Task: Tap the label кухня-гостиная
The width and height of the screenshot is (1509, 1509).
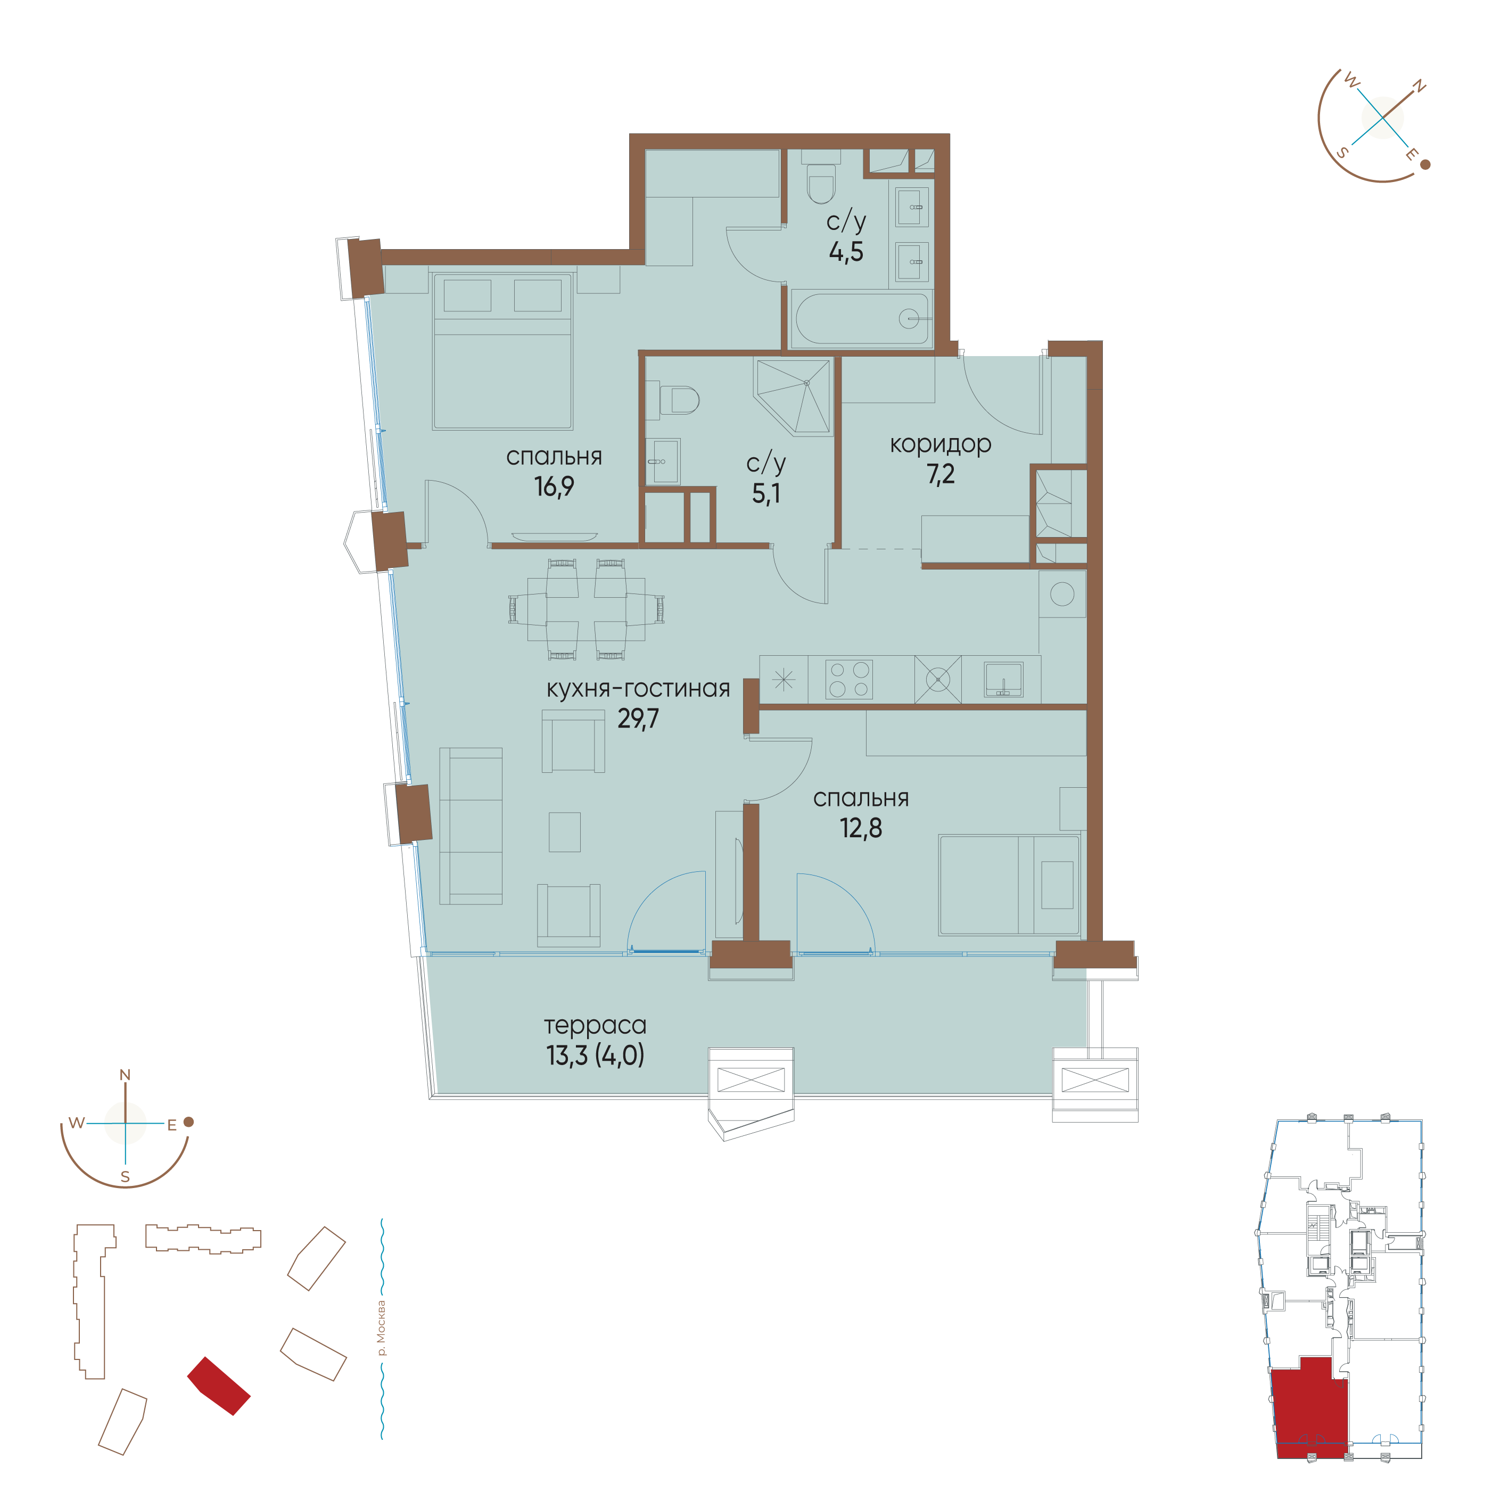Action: [x=638, y=688]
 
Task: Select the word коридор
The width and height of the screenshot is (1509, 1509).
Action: [x=941, y=444]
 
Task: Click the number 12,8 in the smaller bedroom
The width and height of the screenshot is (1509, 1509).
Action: [x=861, y=828]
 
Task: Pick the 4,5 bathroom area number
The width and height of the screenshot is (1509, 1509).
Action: [x=846, y=251]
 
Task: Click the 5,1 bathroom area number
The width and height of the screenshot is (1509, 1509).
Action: [x=765, y=493]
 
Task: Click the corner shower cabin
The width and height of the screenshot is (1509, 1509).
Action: [x=793, y=396]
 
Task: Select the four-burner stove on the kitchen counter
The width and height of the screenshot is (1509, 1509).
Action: [x=849, y=679]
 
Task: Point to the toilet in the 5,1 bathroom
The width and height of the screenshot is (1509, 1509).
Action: [x=679, y=401]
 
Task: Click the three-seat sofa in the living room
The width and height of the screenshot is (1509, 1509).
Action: [x=471, y=826]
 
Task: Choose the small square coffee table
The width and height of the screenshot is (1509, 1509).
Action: [x=565, y=832]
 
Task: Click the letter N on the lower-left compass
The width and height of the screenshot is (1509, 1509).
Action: [x=125, y=1075]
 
